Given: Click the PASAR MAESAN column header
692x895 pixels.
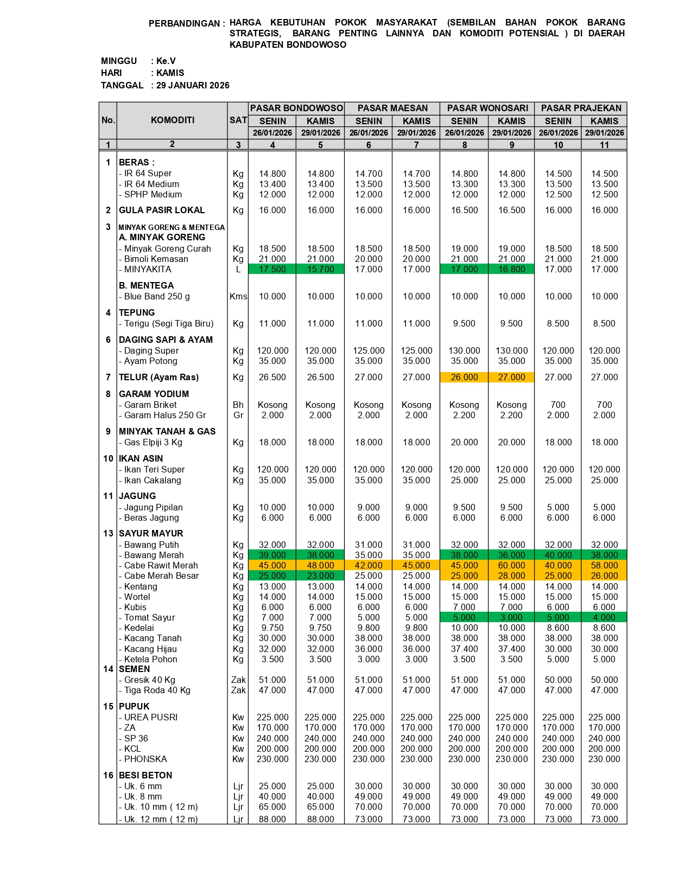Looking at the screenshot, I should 392,108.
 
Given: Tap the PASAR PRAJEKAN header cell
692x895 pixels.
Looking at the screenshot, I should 581,108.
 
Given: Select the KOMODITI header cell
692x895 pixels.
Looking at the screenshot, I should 172,120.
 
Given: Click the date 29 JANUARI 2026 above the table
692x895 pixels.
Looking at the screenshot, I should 193,85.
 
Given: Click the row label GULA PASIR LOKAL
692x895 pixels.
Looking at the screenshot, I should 162,210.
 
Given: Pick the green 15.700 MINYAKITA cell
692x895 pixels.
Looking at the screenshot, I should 320,269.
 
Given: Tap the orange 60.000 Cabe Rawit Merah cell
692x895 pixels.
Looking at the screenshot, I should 511,565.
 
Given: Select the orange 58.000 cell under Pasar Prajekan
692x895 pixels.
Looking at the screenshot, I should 604,565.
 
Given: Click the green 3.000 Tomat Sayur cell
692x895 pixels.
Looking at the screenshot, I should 511,617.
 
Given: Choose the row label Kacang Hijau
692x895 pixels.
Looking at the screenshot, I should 150,649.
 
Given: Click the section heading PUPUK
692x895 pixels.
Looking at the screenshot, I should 134,706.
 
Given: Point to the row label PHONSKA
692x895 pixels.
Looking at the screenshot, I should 145,759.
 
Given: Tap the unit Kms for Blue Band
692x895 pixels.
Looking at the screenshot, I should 238,296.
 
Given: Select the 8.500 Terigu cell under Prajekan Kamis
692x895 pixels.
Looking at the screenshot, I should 604,323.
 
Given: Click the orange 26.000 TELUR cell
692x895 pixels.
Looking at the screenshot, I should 464,377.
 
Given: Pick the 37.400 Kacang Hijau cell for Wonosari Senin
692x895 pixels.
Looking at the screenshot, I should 464,649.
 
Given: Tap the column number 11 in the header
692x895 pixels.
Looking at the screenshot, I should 604,145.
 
